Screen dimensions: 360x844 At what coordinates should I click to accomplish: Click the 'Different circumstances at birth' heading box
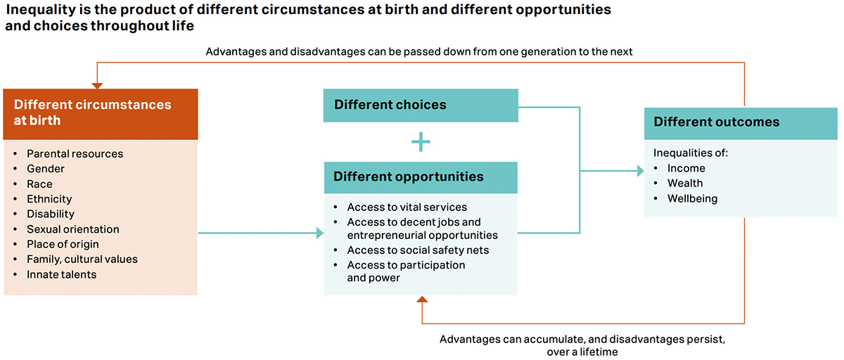click(101, 112)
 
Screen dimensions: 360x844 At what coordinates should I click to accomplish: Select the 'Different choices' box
click(420, 105)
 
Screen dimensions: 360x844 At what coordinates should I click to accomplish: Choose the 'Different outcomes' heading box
click(741, 122)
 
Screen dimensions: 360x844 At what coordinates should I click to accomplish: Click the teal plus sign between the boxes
click(421, 142)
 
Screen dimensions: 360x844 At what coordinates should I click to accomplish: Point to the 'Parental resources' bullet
click(75, 153)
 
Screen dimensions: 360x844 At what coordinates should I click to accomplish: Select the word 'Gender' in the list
click(46, 169)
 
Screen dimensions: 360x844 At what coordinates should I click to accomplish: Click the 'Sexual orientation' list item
click(72, 229)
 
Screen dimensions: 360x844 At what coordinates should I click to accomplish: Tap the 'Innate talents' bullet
click(61, 274)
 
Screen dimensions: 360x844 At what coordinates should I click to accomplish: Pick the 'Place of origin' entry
click(63, 244)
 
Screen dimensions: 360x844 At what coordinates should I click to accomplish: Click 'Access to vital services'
click(407, 207)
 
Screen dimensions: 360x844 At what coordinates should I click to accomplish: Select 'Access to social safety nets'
click(418, 250)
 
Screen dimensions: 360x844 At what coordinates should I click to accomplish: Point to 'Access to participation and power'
click(406, 271)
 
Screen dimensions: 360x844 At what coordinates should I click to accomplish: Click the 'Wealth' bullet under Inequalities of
click(684, 183)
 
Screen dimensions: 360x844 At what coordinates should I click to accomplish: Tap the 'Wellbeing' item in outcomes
click(692, 198)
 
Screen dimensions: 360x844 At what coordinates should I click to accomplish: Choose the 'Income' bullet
click(686, 168)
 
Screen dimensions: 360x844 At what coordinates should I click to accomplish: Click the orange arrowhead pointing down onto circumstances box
click(97, 85)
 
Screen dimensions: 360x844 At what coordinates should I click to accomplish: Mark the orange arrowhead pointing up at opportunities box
click(421, 300)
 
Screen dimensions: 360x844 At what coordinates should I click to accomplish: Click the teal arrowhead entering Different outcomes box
click(640, 171)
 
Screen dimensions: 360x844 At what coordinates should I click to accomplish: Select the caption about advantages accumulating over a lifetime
click(582, 345)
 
